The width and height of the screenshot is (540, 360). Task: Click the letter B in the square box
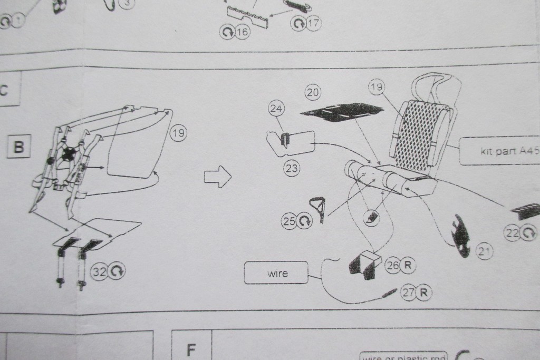[x=18, y=147]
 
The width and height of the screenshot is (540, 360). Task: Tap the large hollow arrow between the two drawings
[x=217, y=177]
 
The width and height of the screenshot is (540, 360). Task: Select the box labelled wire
[x=276, y=273]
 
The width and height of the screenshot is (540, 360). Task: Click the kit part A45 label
[x=501, y=151]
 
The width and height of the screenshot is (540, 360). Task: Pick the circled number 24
[x=276, y=109]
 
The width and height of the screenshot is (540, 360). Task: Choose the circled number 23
[x=292, y=168]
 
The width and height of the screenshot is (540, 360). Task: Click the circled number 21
[x=484, y=252]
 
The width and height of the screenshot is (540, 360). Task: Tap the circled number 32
[x=99, y=271]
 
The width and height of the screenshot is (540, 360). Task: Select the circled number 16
[x=242, y=32]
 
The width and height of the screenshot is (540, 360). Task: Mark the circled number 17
[x=313, y=23]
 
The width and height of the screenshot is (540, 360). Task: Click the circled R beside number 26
[x=407, y=265]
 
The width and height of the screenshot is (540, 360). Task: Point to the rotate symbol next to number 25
[x=305, y=221]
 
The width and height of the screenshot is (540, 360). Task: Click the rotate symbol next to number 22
[x=529, y=232]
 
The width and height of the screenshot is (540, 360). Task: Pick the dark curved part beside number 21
[x=460, y=236]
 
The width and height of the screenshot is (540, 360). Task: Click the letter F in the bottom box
[x=191, y=349]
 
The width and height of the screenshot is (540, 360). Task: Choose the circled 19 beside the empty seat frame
[x=178, y=133]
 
